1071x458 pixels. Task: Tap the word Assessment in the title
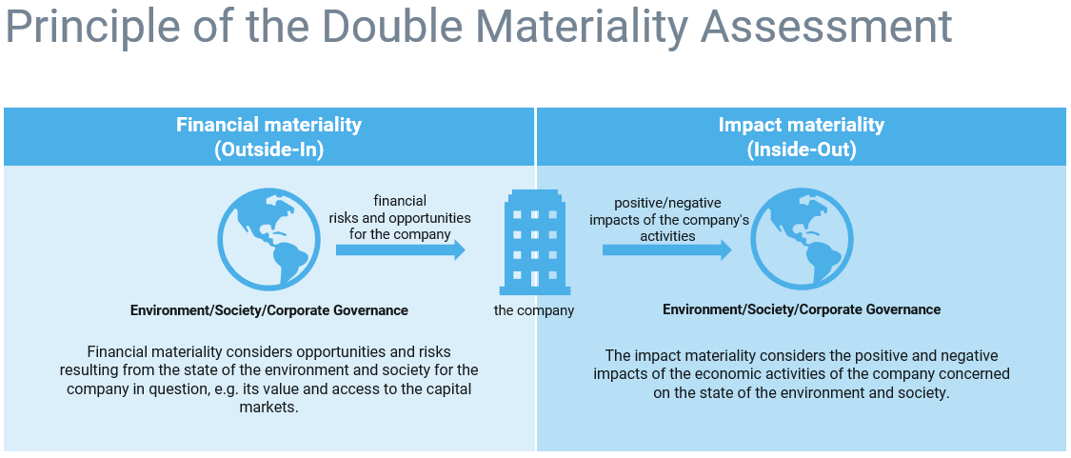click(x=827, y=27)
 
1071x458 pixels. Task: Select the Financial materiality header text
click(x=268, y=125)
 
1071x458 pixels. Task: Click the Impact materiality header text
click(x=801, y=125)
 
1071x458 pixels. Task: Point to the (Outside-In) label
click(x=268, y=149)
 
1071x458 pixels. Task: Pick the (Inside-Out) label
click(x=801, y=149)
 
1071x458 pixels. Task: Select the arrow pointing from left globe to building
click(x=400, y=249)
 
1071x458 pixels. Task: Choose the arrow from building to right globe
click(x=666, y=249)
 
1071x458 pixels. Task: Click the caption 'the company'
click(x=534, y=310)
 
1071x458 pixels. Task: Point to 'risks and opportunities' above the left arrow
click(x=400, y=218)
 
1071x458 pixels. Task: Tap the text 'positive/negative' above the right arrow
click(x=667, y=203)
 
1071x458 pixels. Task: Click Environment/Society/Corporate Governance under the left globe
click(x=268, y=310)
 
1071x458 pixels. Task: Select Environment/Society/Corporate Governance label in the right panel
click(x=801, y=309)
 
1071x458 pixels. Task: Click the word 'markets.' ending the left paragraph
click(x=268, y=407)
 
